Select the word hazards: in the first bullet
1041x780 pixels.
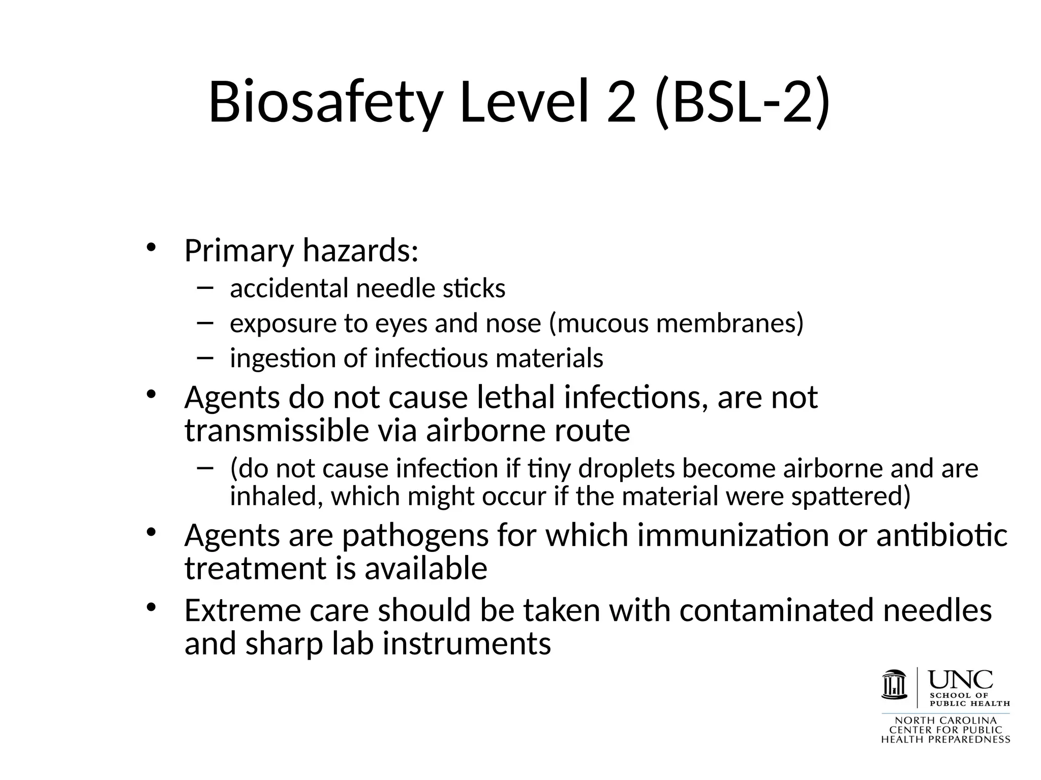tap(360, 251)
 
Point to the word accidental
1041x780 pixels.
tap(289, 288)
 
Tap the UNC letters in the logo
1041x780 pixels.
tap(960, 679)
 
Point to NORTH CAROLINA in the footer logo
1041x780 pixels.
tap(945, 721)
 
